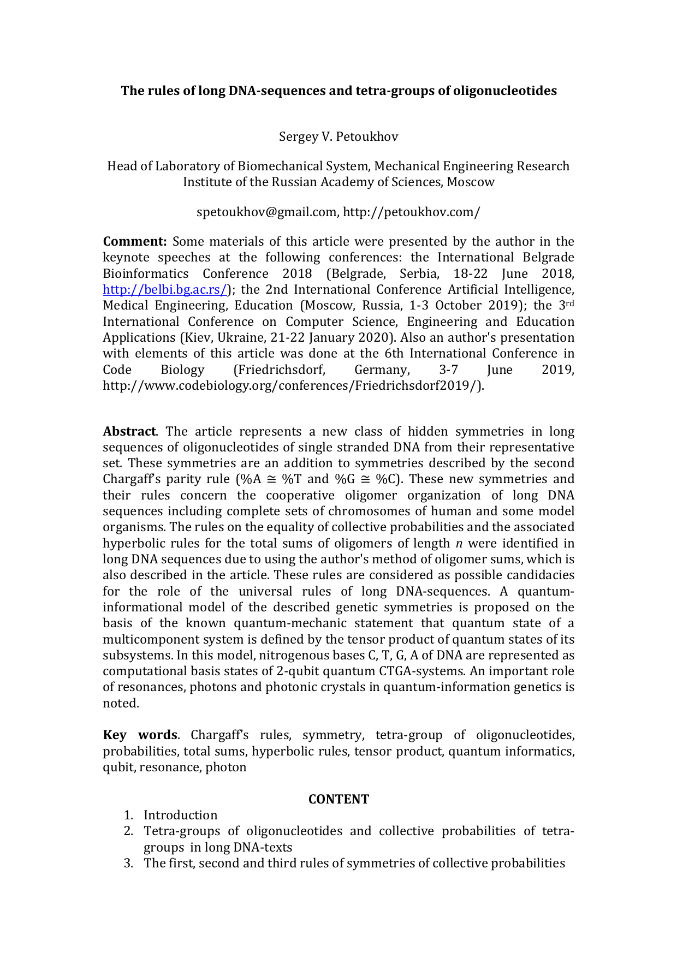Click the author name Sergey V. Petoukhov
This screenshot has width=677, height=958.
click(338, 136)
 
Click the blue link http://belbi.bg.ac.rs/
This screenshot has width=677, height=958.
click(164, 290)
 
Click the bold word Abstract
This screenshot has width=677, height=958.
click(129, 431)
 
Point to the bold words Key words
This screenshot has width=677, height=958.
click(140, 735)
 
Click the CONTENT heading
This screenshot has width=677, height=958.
click(339, 799)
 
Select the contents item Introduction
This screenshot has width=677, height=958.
click(180, 815)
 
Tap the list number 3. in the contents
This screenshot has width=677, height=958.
click(128, 863)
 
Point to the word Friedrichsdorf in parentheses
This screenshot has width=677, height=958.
click(280, 370)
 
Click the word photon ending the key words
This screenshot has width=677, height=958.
click(225, 767)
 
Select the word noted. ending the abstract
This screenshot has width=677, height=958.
click(121, 704)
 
